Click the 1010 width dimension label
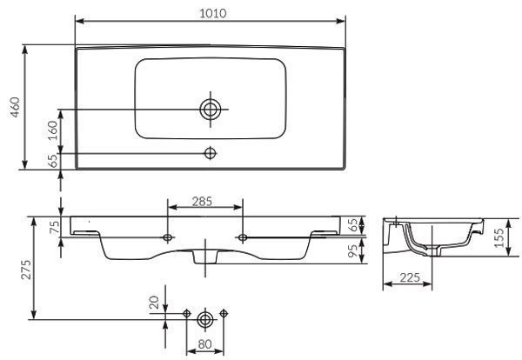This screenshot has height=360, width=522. click(x=213, y=13)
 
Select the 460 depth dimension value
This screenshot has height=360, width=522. click(x=16, y=107)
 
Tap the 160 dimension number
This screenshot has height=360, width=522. click(x=52, y=130)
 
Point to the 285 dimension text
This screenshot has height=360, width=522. click(x=202, y=201)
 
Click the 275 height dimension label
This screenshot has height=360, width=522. click(x=26, y=270)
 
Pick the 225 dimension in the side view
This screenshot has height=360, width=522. click(x=410, y=277)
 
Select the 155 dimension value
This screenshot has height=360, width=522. click(x=499, y=237)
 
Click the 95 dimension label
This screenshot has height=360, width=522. click(x=352, y=250)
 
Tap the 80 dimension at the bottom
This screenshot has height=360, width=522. click(x=205, y=344)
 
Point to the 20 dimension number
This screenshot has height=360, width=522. click(x=154, y=303)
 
